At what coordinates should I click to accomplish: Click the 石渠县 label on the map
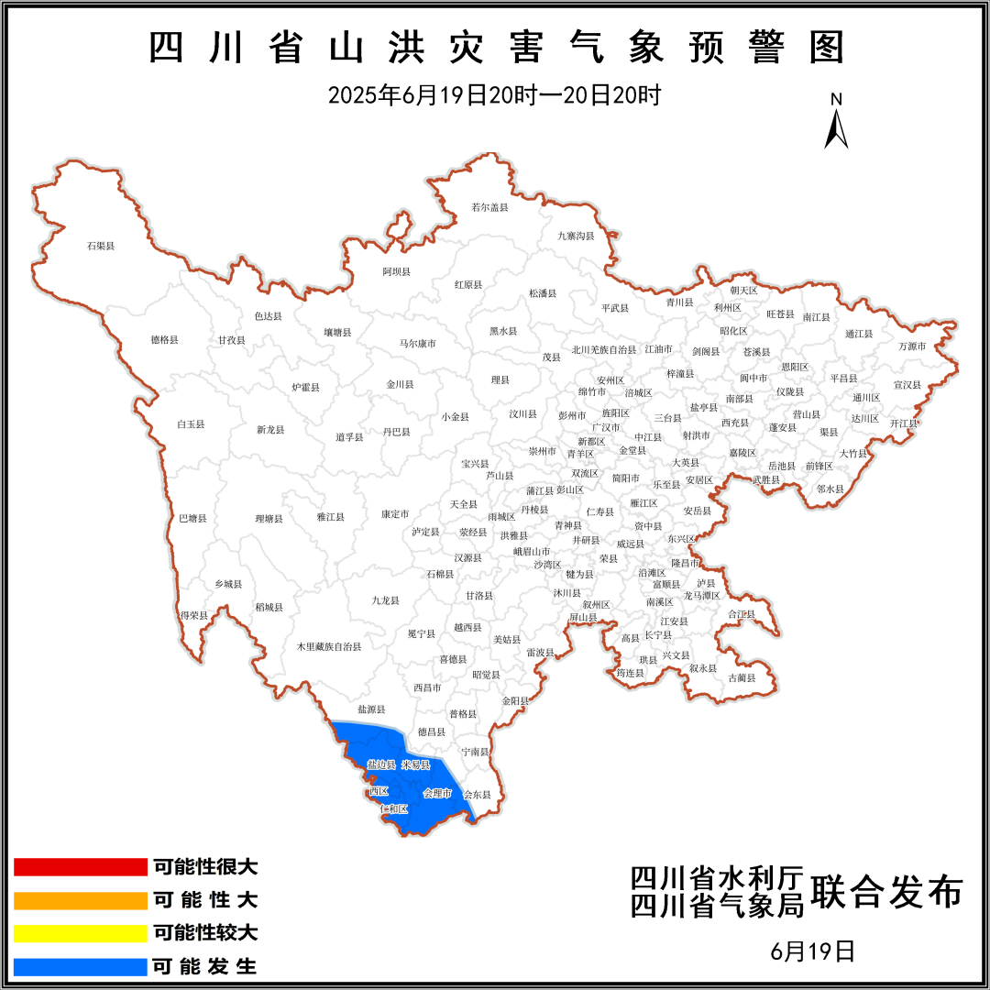click(x=100, y=246)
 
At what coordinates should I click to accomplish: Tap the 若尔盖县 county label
click(x=489, y=207)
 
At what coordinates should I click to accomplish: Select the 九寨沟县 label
click(x=576, y=236)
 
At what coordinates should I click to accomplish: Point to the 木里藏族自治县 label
click(x=329, y=646)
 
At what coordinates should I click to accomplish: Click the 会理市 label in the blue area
click(x=437, y=793)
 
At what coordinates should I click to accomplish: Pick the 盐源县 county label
click(x=371, y=709)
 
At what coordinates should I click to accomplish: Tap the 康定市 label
click(x=395, y=514)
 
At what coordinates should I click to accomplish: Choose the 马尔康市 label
click(x=417, y=343)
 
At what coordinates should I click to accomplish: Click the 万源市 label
click(x=912, y=346)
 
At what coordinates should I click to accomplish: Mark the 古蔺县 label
click(x=742, y=677)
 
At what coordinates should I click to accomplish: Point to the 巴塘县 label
click(x=192, y=518)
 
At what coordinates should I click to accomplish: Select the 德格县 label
click(x=165, y=339)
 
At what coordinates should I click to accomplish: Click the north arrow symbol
click(x=836, y=123)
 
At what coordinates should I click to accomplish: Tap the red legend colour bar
click(x=81, y=867)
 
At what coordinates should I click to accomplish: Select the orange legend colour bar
click(x=81, y=900)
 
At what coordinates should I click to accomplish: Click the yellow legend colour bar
click(x=81, y=933)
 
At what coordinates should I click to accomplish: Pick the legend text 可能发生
click(x=205, y=966)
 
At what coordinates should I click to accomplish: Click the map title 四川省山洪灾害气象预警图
click(x=495, y=49)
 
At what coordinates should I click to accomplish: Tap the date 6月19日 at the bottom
click(x=813, y=951)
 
